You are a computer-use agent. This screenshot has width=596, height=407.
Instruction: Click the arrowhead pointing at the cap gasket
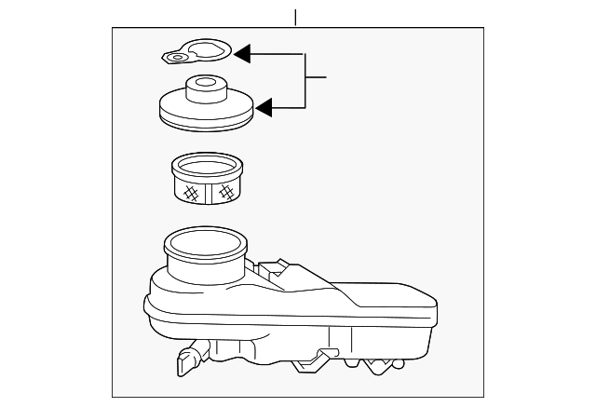click(x=241, y=54)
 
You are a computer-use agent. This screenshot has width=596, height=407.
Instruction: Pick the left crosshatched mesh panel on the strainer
click(x=192, y=193)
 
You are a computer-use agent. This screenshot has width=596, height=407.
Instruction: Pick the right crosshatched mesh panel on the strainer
click(x=224, y=193)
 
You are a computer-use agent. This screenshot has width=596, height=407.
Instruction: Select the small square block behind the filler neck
click(x=272, y=267)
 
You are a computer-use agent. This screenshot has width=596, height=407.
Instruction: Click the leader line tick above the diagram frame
click(x=295, y=18)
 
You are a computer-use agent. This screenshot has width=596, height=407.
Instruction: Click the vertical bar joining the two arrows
click(x=305, y=81)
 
